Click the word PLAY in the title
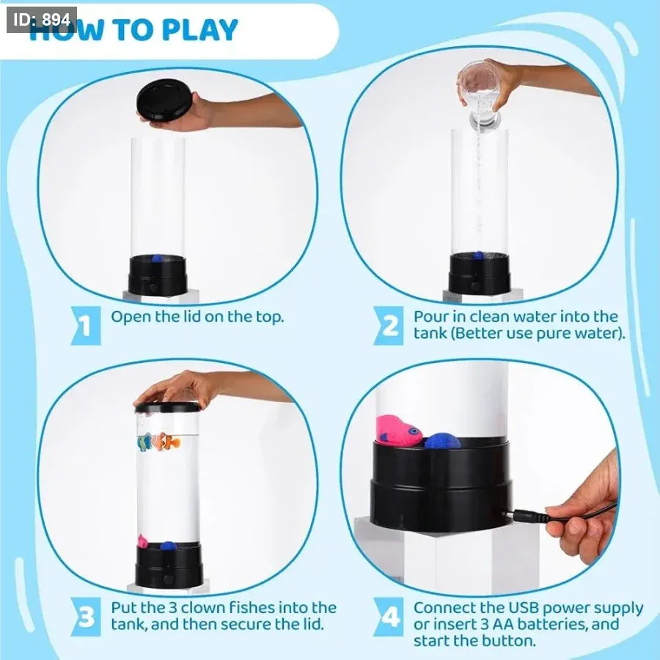click(x=199, y=29)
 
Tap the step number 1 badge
click(x=86, y=326)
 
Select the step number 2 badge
click(x=388, y=326)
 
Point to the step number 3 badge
click(x=86, y=617)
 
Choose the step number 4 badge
click(x=388, y=617)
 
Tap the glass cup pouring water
click(x=480, y=93)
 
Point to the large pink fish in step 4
click(x=398, y=430)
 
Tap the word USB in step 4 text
click(x=524, y=608)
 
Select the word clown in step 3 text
click(x=203, y=608)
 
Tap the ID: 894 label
click(x=42, y=20)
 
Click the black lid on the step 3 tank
click(x=167, y=407)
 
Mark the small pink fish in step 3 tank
click(x=143, y=541)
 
